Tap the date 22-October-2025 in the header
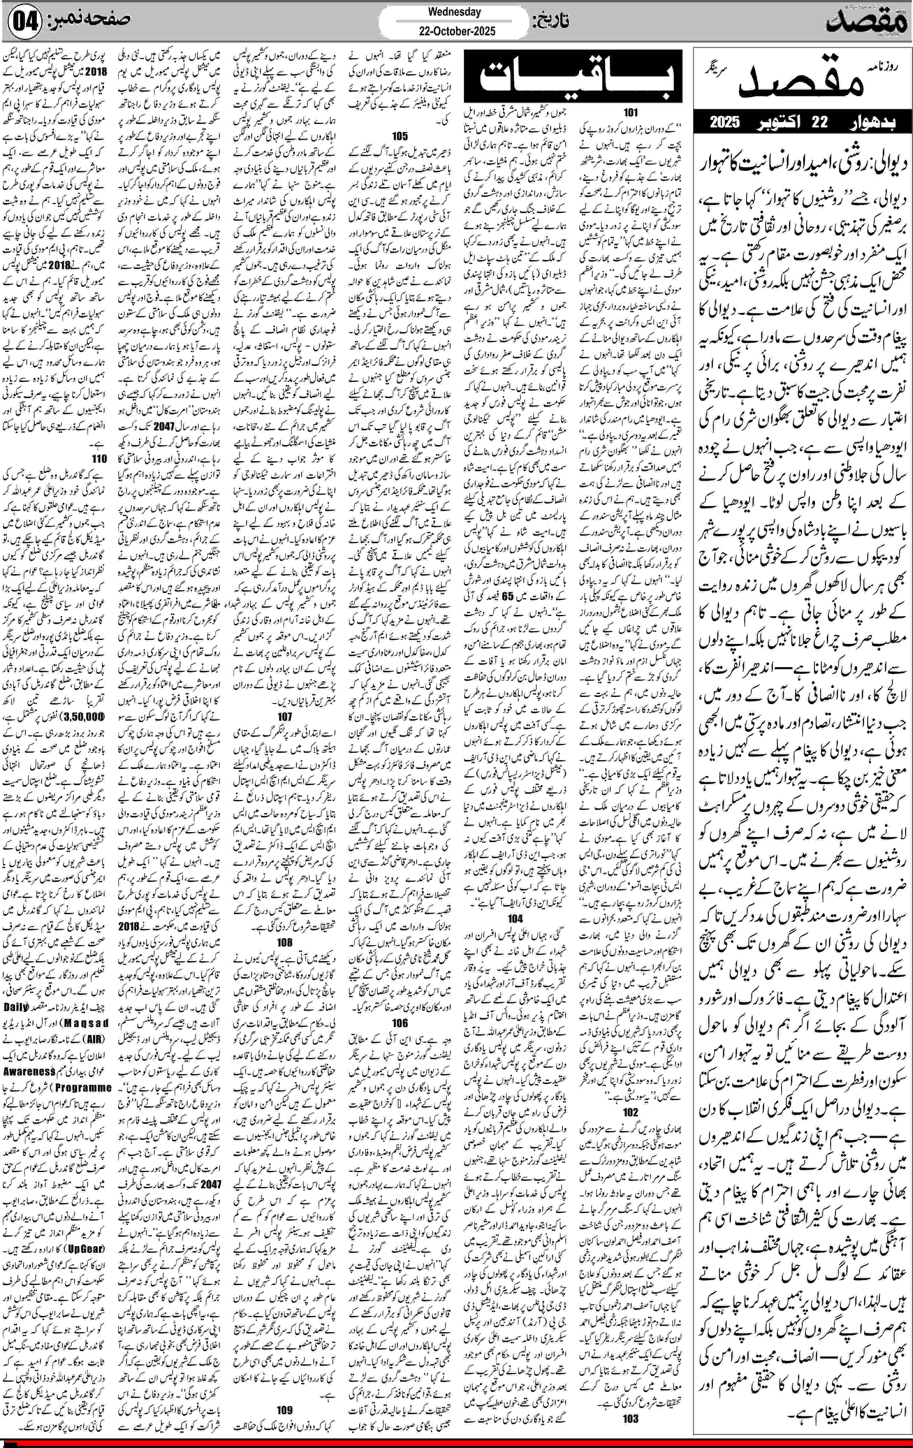454,31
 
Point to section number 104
515,918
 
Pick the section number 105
399,136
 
